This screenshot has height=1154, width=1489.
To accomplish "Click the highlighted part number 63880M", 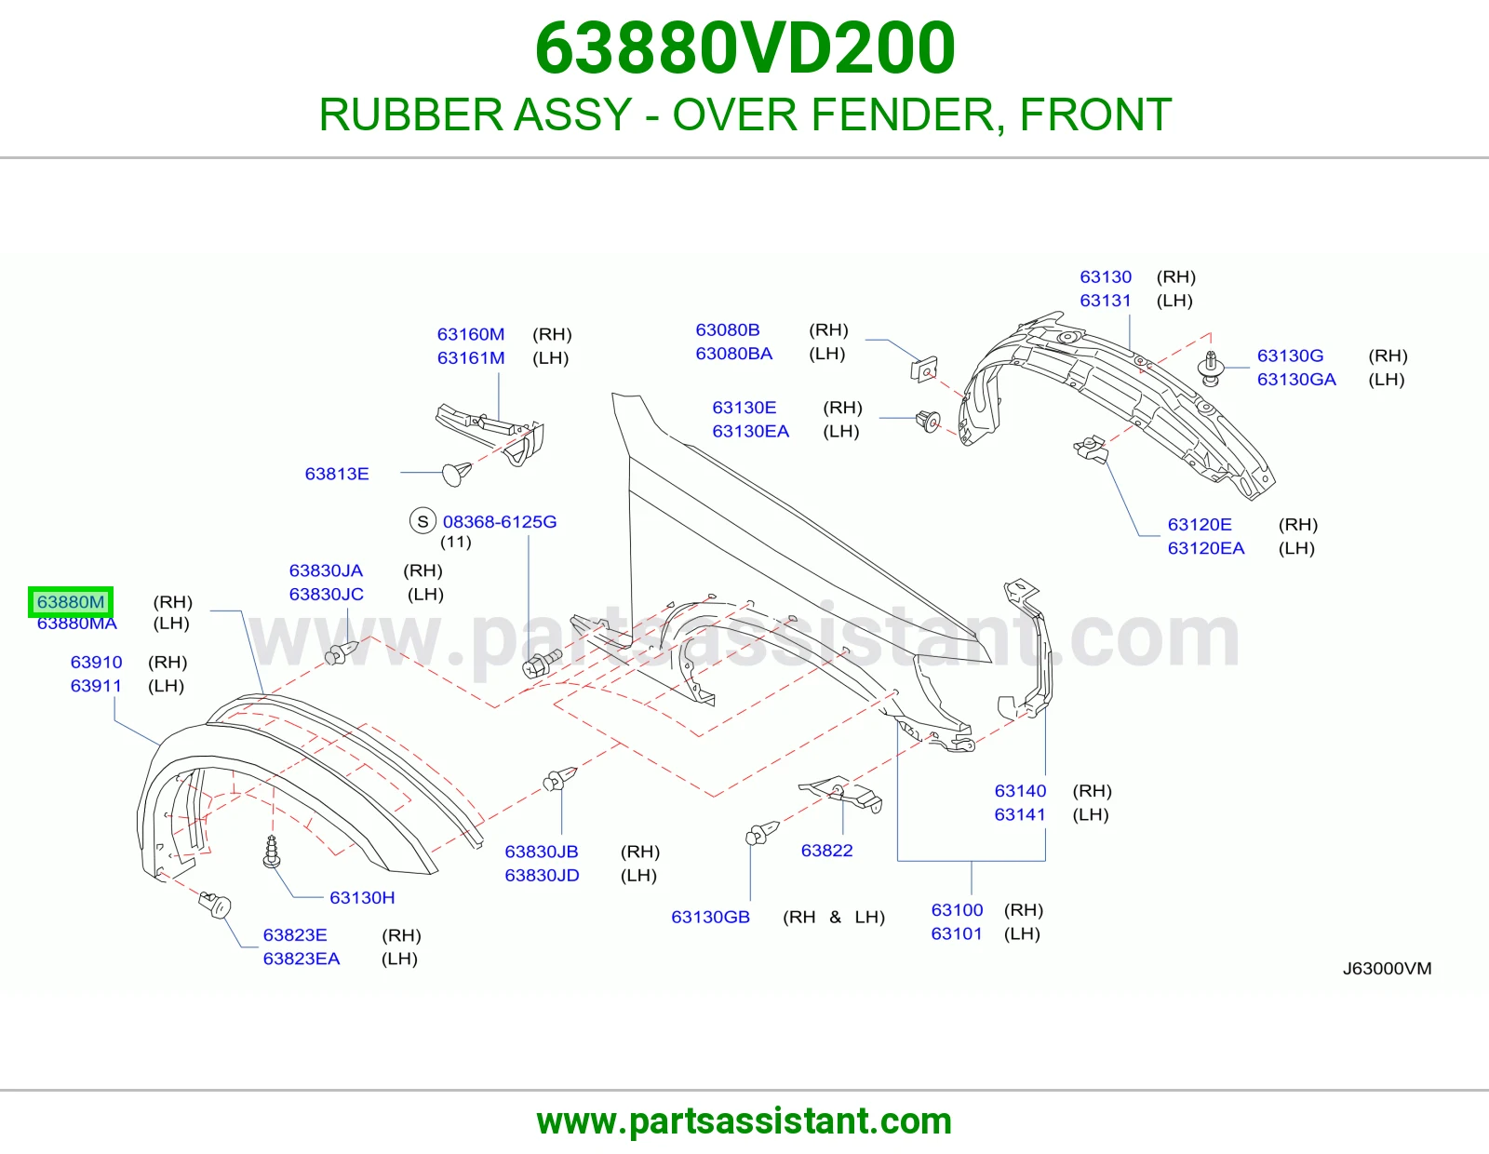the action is point(71,602).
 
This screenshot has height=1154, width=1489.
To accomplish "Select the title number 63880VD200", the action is point(744,47).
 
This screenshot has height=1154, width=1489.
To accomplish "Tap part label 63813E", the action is point(337,474).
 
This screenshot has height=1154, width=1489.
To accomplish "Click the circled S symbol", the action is point(423,521).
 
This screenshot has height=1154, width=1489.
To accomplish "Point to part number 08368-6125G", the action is point(500,521).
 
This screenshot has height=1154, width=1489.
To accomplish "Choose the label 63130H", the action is point(362,898).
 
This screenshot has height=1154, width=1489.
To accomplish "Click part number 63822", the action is point(826,851).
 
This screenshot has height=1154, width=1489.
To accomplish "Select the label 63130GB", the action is point(711,917).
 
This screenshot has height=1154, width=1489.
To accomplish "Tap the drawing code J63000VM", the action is point(1387,968).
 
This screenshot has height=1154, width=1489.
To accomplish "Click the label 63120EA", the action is point(1206,548).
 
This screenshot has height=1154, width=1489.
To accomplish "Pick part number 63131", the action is point(1106,301).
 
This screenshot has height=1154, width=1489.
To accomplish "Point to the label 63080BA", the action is point(734,354).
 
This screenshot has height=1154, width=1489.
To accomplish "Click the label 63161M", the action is point(471,357).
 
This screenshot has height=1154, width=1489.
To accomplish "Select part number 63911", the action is point(96,686).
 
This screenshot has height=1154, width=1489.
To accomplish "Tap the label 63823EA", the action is point(302,958).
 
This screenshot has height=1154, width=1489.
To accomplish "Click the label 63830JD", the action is point(542,875).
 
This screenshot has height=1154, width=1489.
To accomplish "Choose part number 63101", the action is point(957,933).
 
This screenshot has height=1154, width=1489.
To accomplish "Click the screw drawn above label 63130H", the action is point(272,852).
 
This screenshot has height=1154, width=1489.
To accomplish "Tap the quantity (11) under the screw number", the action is point(456,542).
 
